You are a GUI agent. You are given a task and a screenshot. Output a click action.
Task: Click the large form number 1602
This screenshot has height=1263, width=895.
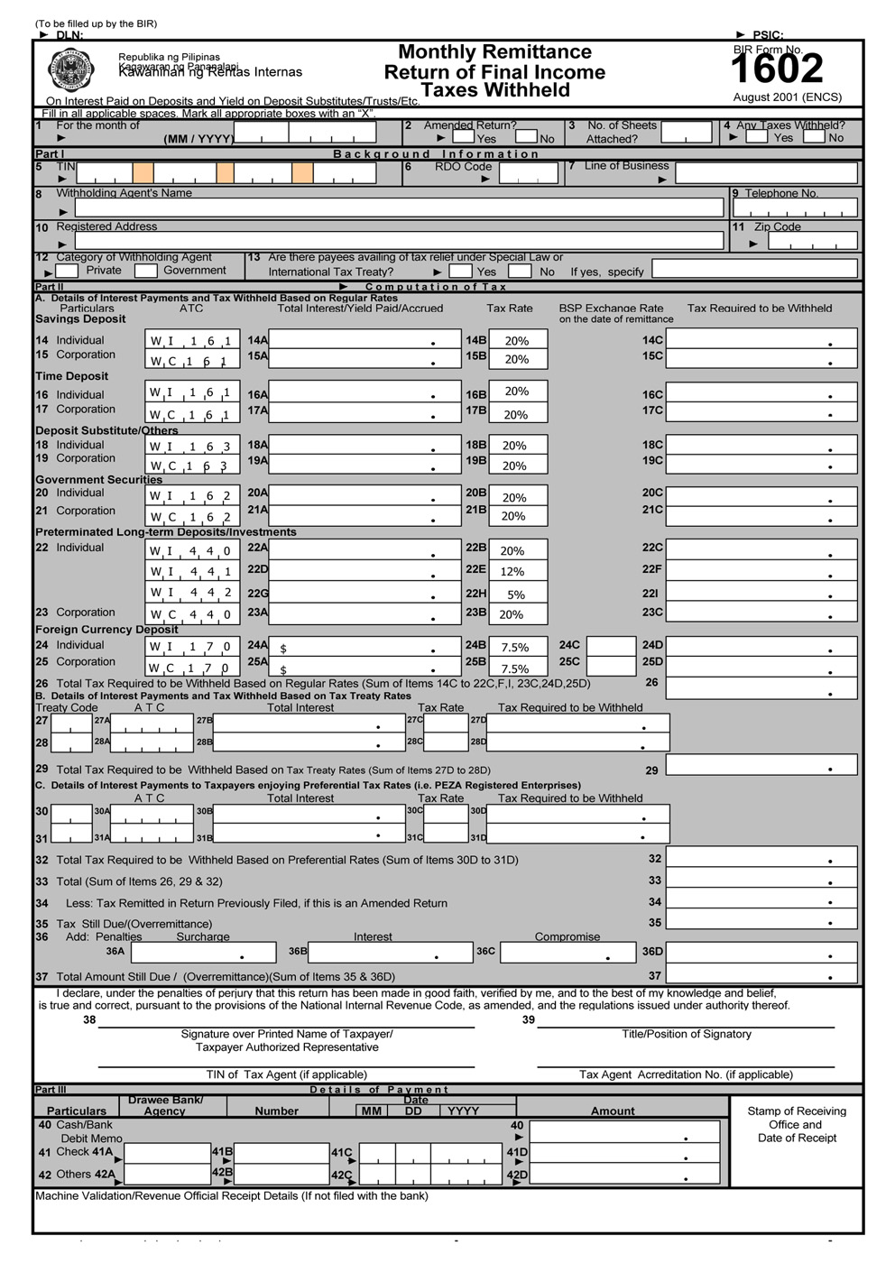click(776, 69)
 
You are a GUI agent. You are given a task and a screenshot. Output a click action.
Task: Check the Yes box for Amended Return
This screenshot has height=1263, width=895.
click(463, 137)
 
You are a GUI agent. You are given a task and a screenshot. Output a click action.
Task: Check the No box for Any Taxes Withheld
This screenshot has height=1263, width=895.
click(814, 137)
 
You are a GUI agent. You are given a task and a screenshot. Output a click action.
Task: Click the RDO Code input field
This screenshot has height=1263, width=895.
click(528, 174)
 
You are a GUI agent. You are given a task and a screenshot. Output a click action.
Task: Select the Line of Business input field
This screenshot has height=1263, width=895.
click(766, 173)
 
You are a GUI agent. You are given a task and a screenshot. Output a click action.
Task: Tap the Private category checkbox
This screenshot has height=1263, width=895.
click(67, 271)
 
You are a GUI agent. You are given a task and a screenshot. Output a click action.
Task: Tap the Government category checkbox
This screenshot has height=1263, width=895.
click(146, 271)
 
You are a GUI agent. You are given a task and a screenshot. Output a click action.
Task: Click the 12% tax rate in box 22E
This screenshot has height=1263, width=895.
click(517, 571)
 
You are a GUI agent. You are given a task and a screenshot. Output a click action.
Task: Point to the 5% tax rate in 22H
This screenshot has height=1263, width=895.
click(517, 594)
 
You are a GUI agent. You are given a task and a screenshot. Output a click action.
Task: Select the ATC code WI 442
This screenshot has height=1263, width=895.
click(192, 593)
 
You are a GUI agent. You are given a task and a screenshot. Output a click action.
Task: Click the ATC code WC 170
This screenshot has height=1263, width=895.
click(192, 668)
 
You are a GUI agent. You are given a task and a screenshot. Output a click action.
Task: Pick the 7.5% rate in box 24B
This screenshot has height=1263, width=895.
click(517, 647)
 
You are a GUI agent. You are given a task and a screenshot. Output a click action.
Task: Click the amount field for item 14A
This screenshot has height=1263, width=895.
click(364, 340)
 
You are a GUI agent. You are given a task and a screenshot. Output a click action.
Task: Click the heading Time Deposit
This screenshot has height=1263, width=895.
click(71, 376)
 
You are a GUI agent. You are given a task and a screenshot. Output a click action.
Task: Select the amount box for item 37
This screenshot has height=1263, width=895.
click(761, 975)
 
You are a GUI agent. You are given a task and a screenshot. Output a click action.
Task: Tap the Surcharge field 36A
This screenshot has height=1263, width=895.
click(203, 952)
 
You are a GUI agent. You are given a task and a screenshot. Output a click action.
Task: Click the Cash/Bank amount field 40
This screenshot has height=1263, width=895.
click(624, 1131)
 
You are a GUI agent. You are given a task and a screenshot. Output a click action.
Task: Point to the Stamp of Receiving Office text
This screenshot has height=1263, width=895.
click(797, 1118)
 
